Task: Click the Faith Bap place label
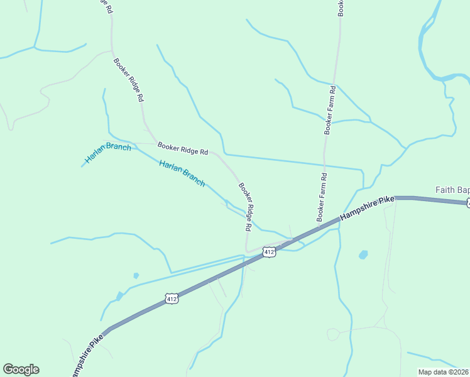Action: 452,190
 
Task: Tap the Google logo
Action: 21,369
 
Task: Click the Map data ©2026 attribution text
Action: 443,372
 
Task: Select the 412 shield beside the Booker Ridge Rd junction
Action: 269,252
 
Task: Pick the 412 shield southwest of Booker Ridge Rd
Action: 172,299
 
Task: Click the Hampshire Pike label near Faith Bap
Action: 367,208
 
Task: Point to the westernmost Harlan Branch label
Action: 108,155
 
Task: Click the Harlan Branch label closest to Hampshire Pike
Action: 182,173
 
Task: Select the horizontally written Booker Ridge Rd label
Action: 183,149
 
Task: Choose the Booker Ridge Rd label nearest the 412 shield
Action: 246,205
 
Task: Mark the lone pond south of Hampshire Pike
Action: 363,255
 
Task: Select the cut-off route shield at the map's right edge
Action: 467,202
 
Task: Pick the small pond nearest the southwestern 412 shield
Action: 136,275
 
